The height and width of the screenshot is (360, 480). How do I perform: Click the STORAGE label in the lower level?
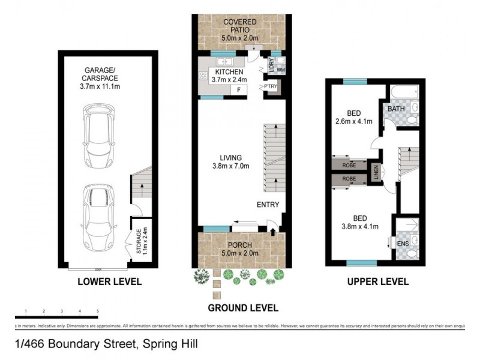point(139,241)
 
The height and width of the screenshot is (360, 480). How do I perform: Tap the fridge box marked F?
point(239,91)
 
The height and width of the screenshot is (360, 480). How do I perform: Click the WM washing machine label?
point(280,70)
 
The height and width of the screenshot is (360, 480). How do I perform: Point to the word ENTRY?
point(268,205)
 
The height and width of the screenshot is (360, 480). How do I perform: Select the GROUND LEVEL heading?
point(242,308)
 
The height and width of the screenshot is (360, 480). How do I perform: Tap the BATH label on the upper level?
point(395,109)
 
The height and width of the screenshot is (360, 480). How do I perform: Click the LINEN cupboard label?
point(376,172)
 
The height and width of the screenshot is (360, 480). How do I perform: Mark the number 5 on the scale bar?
point(97,311)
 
